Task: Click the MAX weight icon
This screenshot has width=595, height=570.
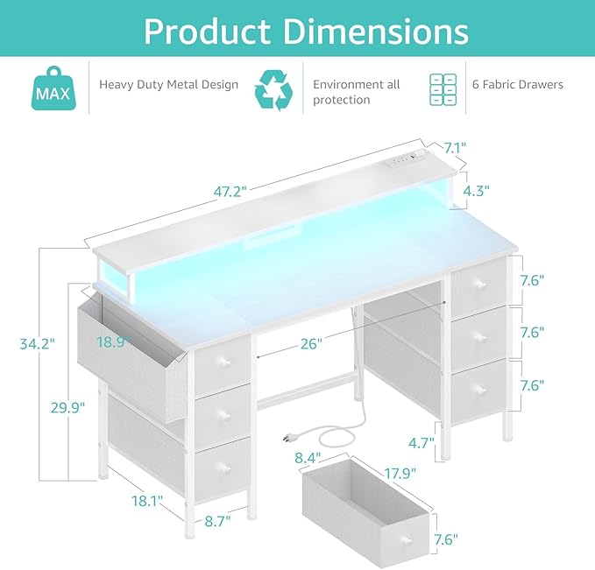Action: pos(53,88)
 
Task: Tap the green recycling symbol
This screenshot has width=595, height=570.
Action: pos(273,90)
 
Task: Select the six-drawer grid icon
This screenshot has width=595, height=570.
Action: pos(443,89)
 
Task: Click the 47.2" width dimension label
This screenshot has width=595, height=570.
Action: pos(230,192)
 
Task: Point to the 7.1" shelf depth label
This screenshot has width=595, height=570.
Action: pos(455,148)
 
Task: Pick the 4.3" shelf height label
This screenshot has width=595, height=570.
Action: pos(476,190)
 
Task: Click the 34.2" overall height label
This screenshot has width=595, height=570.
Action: pos(38,344)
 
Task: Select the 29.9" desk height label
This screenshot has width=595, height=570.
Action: pos(67,408)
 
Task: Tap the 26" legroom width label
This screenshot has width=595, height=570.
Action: pos(311,344)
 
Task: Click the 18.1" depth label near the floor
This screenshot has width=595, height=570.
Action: pos(147,501)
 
